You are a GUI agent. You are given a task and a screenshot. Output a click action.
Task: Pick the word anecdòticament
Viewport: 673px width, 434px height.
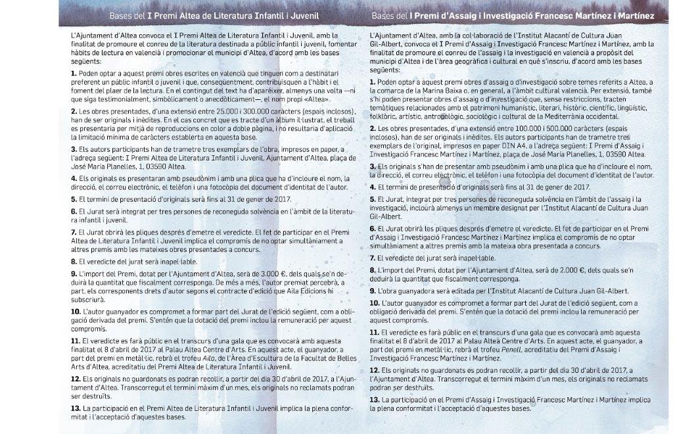point(225,97)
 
